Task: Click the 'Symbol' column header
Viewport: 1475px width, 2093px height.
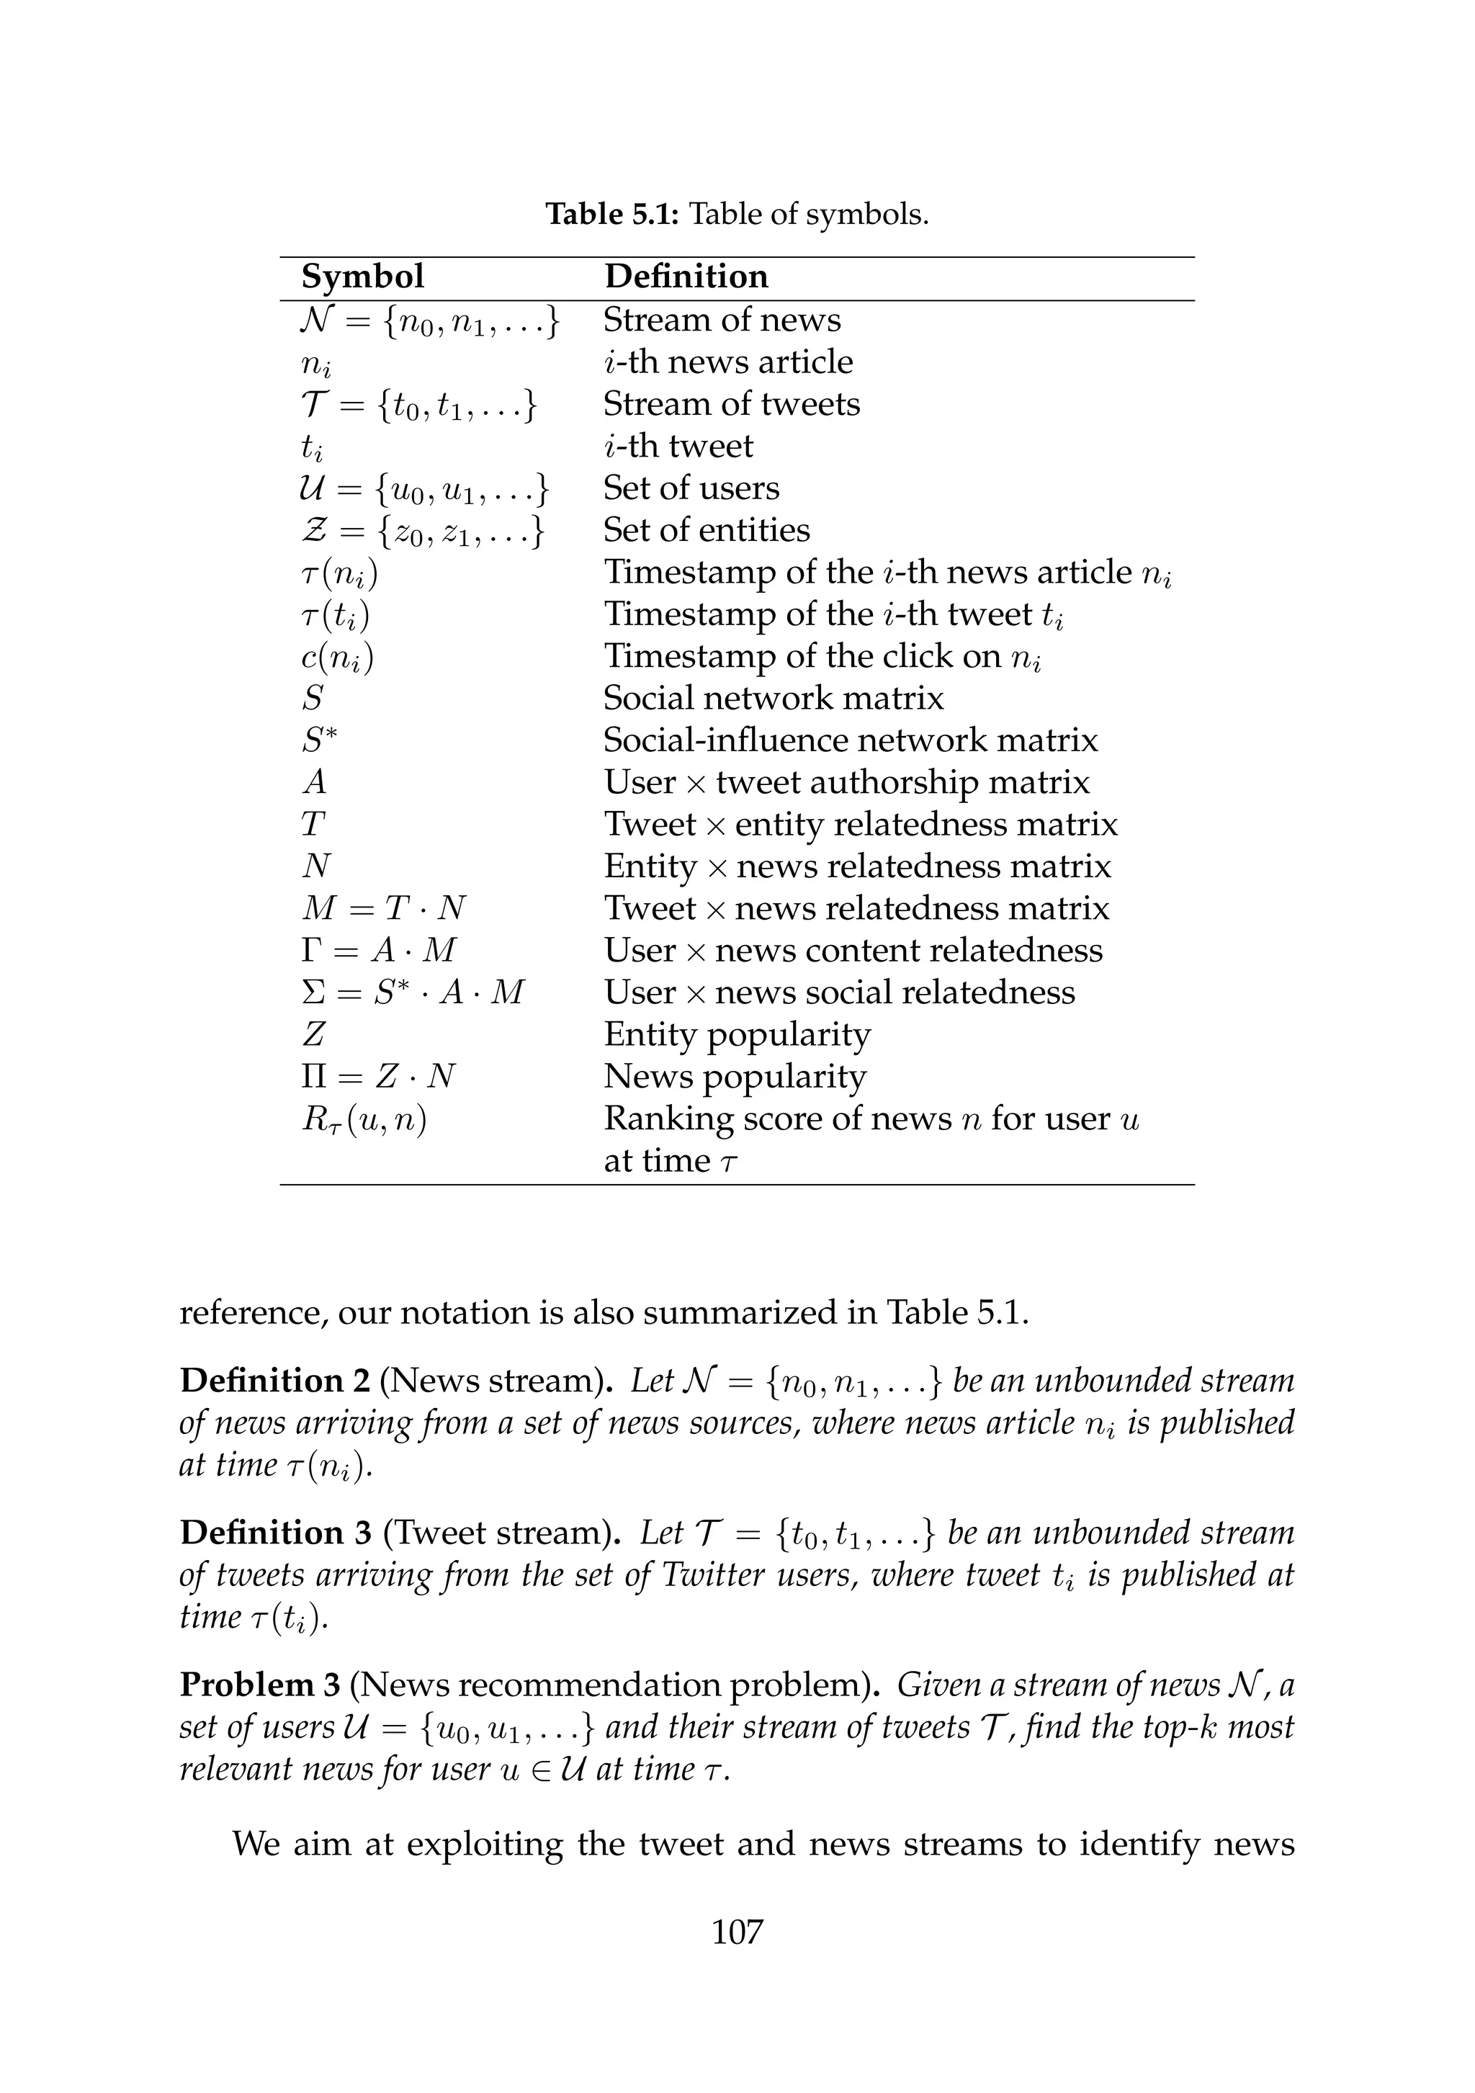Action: pos(362,277)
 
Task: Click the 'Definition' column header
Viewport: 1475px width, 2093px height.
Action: pos(686,277)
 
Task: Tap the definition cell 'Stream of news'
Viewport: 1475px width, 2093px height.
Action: pos(722,320)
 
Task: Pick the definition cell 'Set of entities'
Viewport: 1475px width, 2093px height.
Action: pos(707,529)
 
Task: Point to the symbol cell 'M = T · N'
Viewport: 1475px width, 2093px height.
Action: pos(384,908)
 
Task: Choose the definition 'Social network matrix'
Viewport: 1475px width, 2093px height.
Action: pos(773,697)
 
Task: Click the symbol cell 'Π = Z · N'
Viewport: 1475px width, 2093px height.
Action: pos(378,1077)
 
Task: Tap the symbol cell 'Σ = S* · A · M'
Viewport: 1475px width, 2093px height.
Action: pos(413,992)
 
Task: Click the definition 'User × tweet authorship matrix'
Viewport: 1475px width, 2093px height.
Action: pos(846,782)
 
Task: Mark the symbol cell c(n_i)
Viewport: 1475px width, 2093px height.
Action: pos(337,656)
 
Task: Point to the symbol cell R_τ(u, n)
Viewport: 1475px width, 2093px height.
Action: pos(364,1119)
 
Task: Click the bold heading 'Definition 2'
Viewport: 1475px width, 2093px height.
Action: pos(274,1381)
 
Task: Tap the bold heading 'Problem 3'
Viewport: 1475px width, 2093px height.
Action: pos(260,1685)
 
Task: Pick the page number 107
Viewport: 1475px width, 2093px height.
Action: pos(737,1932)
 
